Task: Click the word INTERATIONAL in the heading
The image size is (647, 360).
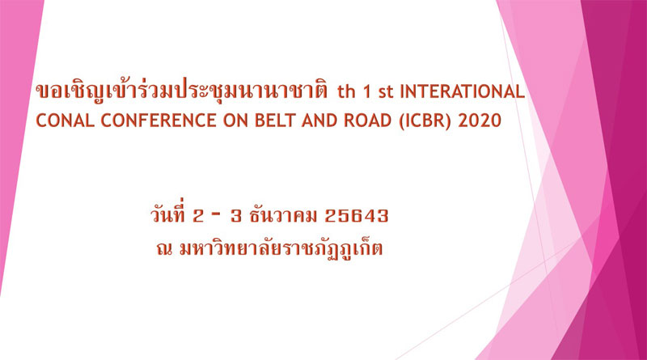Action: point(462,91)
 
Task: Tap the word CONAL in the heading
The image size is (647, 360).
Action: point(66,121)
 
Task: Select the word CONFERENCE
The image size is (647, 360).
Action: point(159,121)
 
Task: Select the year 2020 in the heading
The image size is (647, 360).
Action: point(480,121)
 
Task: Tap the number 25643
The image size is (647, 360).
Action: point(357,216)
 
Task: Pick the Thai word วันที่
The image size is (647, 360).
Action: point(168,214)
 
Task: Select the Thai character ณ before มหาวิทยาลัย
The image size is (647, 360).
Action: point(164,248)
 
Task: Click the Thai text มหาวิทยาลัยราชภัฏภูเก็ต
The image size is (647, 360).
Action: point(281,248)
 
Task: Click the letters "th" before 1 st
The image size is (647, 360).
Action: point(346,92)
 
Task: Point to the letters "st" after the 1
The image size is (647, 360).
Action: point(386,93)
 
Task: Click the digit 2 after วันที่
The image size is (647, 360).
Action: point(198,216)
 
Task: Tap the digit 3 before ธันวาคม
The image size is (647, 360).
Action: point(236,216)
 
